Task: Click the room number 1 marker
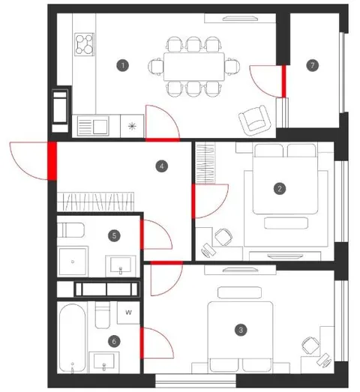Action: pyautogui.click(x=122, y=65)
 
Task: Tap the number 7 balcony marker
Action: pyautogui.click(x=313, y=65)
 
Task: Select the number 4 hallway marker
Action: pyautogui.click(x=161, y=166)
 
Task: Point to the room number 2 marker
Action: pyautogui.click(x=280, y=189)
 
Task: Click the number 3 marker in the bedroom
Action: pyautogui.click(x=241, y=330)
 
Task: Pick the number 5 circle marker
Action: pyautogui.click(x=114, y=236)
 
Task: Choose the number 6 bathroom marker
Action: pyautogui.click(x=114, y=342)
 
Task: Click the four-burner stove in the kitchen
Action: pyautogui.click(x=85, y=44)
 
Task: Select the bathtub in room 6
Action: pyautogui.click(x=72, y=338)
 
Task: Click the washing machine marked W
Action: pyautogui.click(x=128, y=313)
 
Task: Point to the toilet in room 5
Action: pyautogui.click(x=70, y=230)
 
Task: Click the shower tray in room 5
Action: pyautogui.click(x=73, y=262)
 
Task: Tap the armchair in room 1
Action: pyautogui.click(x=255, y=121)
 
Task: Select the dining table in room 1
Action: pyautogui.click(x=194, y=67)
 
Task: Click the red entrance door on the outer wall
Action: pyautogui.click(x=52, y=161)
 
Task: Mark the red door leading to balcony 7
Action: pyautogui.click(x=283, y=81)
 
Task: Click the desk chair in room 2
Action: pyautogui.click(x=223, y=237)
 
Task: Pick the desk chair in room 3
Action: pyautogui.click(x=310, y=346)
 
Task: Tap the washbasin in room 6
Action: pyautogui.click(x=104, y=361)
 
